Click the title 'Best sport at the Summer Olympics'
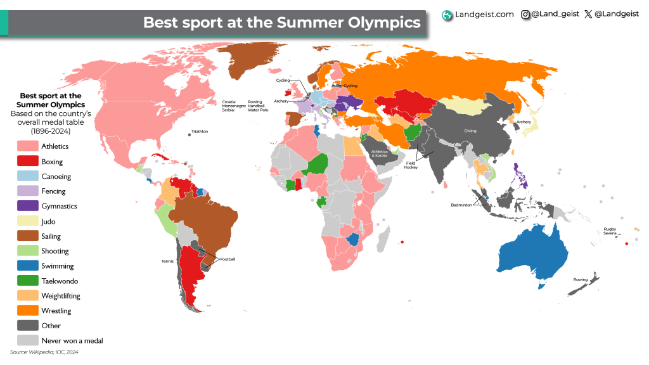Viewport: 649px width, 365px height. (281, 23)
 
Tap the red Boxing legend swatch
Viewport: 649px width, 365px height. (27, 162)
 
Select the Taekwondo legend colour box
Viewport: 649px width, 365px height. (27, 281)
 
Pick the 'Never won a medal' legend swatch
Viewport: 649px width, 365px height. (27, 340)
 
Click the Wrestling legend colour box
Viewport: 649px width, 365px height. (27, 311)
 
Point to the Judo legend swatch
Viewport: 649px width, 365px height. (27, 221)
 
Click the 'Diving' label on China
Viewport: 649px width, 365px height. (470, 132)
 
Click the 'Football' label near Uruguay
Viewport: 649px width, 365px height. (228, 259)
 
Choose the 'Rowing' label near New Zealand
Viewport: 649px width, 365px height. (581, 279)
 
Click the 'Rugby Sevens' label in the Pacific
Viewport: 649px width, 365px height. (610, 231)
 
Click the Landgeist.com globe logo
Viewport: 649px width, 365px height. (447, 15)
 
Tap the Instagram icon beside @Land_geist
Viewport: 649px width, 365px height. (525, 14)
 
